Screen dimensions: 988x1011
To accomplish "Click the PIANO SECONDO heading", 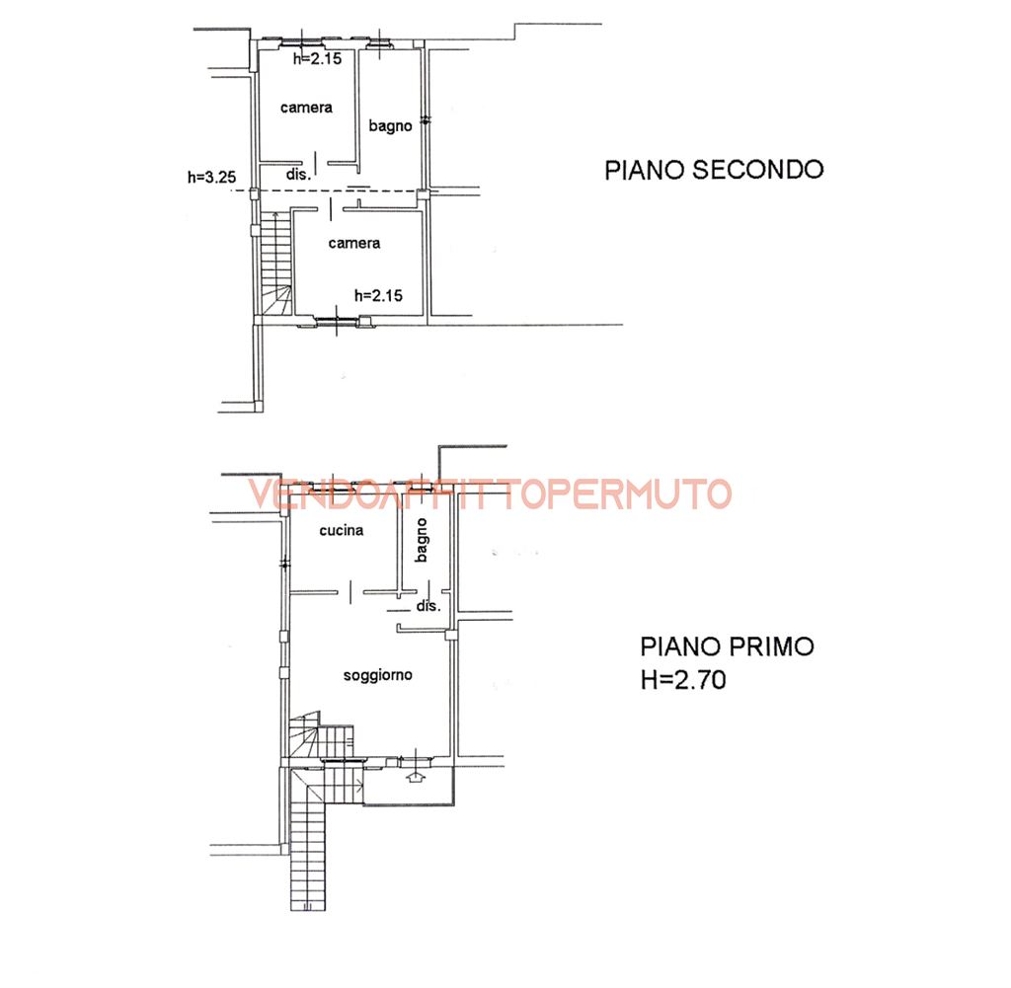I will (x=714, y=170).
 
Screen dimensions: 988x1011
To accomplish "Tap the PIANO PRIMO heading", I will (x=727, y=646).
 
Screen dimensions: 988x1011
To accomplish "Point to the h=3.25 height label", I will (x=211, y=178).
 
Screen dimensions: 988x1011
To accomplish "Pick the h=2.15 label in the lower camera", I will (x=376, y=294).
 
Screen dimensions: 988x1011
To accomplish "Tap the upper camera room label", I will (x=305, y=108).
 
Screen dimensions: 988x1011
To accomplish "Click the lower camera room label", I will (x=354, y=243).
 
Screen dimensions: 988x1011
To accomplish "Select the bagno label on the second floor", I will (x=390, y=125).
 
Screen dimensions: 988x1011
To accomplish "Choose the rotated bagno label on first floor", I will (x=422, y=542).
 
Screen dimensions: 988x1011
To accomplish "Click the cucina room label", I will (x=341, y=530).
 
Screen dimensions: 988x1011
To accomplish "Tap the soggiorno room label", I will (x=377, y=676).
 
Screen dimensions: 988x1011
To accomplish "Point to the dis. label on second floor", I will (x=299, y=175).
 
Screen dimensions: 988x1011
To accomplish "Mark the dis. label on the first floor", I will (x=428, y=606).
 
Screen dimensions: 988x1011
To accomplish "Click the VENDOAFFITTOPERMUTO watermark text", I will (x=490, y=494).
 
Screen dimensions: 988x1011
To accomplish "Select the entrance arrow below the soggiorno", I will (x=416, y=777).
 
